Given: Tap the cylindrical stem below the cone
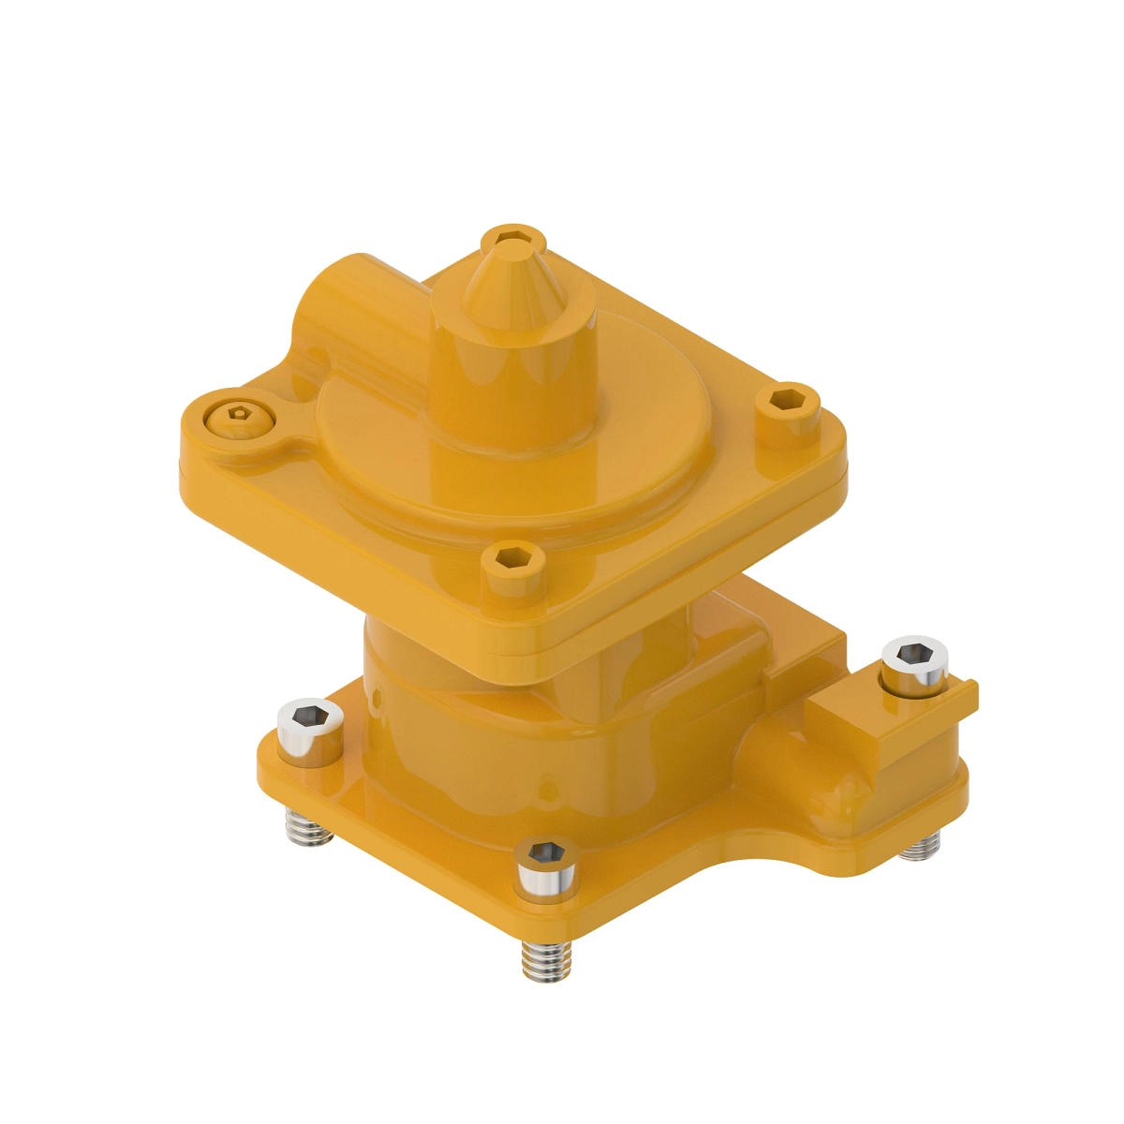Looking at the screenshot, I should tap(513, 393).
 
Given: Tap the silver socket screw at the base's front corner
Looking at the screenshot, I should tap(546, 862).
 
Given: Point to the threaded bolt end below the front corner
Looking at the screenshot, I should tap(546, 960).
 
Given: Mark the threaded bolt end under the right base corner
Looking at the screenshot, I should tap(920, 848).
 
